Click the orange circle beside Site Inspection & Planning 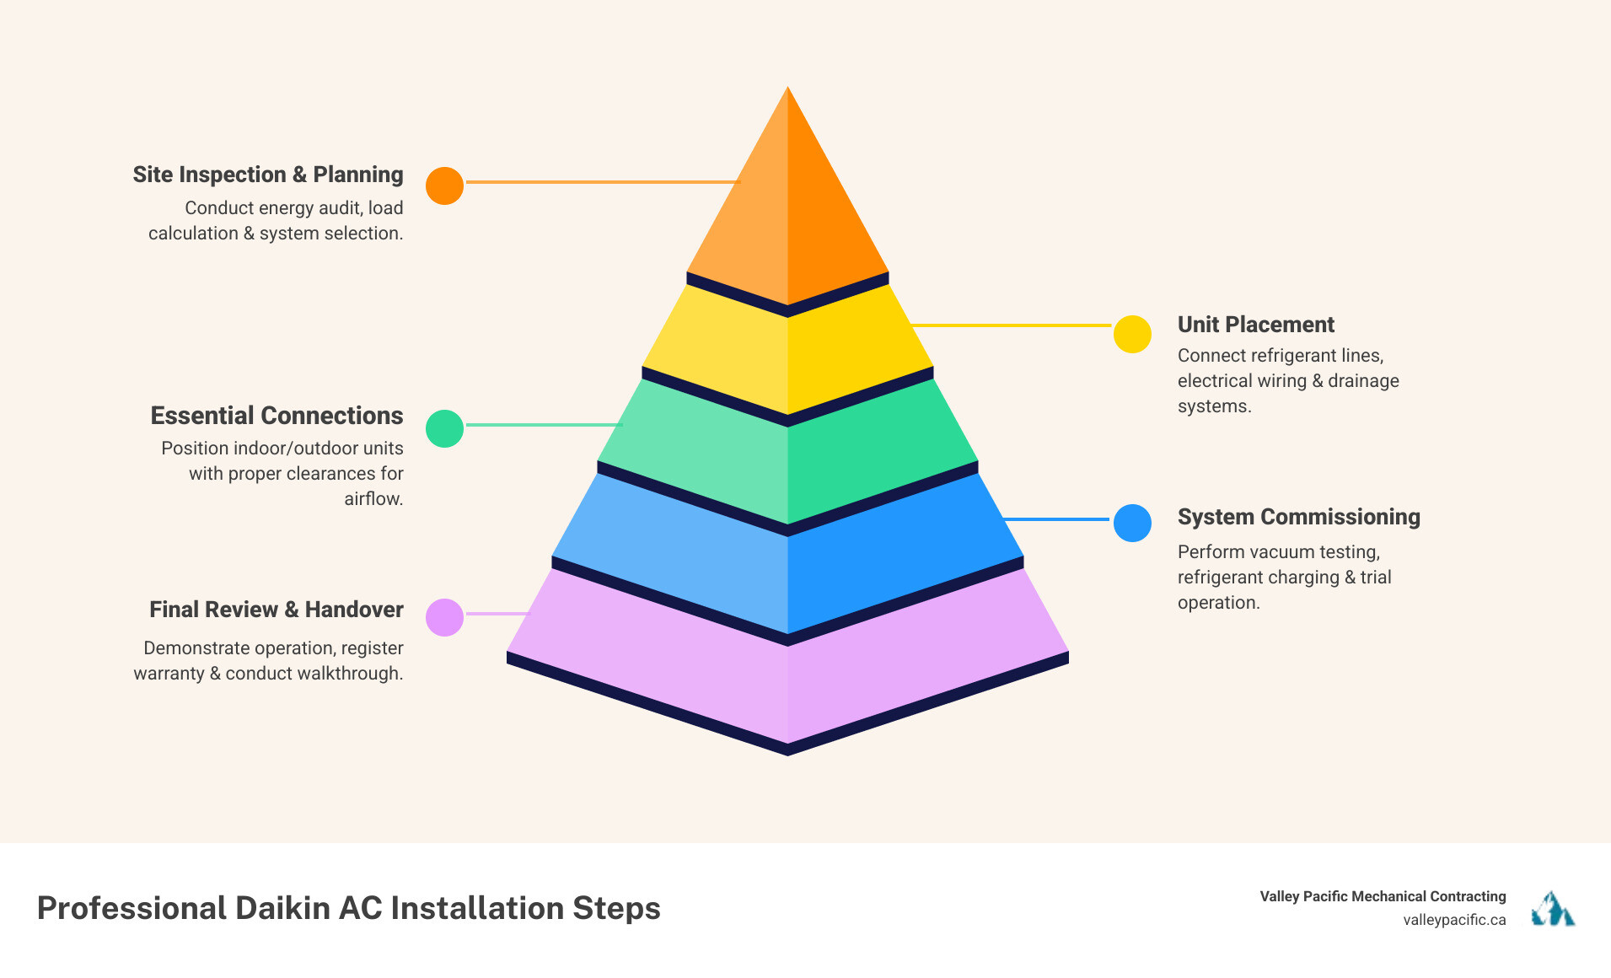[x=444, y=185]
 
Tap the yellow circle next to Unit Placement [x=1132, y=334]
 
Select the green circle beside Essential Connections [x=444, y=428]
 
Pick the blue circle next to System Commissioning [x=1132, y=523]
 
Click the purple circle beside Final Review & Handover [x=444, y=617]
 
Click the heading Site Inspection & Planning [x=268, y=175]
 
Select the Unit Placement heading [x=1255, y=325]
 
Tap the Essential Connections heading [x=277, y=416]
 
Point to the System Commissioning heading [x=1298, y=517]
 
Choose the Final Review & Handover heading [x=277, y=610]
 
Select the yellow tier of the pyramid [x=787, y=354]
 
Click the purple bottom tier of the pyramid [x=787, y=674]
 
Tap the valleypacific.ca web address [x=1454, y=920]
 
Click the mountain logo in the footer [x=1553, y=909]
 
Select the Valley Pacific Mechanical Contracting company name [x=1383, y=896]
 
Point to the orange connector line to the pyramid [x=603, y=182]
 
